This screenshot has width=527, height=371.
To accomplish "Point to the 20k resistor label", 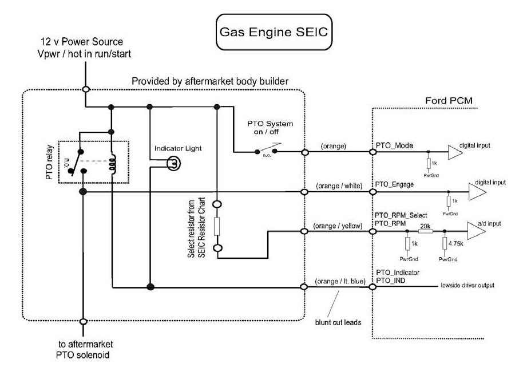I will [x=425, y=227].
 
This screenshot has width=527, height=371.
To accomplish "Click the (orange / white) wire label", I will [x=338, y=187].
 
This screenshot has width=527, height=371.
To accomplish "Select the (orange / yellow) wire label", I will [x=338, y=226].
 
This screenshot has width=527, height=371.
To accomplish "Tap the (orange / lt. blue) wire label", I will [x=340, y=281].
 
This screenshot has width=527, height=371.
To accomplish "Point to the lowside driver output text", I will [x=467, y=285].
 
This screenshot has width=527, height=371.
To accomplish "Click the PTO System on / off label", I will [x=270, y=129].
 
